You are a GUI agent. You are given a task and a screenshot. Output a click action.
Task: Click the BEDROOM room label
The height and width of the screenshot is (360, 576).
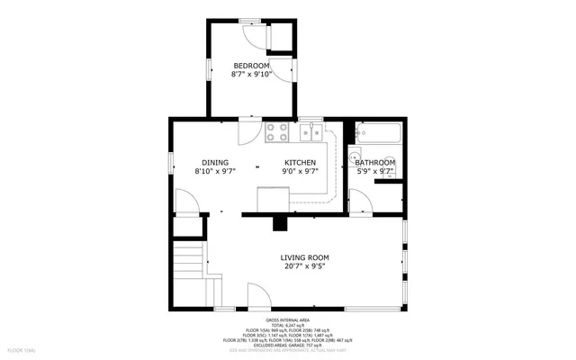point(251,66)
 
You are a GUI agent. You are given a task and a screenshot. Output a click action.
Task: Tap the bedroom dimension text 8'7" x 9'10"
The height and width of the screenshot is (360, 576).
point(251,75)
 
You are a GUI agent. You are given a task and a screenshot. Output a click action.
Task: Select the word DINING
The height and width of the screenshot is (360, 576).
point(214,162)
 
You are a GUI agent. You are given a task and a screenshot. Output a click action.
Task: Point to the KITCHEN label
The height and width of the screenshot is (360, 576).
point(300,162)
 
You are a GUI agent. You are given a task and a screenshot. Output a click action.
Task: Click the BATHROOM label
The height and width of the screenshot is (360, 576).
point(375,162)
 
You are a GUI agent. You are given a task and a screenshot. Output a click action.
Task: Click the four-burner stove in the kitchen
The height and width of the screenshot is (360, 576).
point(276,133)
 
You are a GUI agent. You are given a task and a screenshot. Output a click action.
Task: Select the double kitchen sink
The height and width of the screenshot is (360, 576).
point(311,134)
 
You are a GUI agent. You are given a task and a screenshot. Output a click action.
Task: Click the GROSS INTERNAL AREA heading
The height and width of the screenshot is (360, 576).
point(288,320)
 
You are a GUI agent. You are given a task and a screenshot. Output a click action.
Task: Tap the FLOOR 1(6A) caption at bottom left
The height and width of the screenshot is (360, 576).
point(22,349)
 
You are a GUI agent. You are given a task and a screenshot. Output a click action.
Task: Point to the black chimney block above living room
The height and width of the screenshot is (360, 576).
point(280,221)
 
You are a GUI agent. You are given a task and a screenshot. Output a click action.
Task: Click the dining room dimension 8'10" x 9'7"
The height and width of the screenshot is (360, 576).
point(214,171)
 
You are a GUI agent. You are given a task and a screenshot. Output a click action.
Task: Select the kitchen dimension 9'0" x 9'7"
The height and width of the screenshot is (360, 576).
point(300,171)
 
